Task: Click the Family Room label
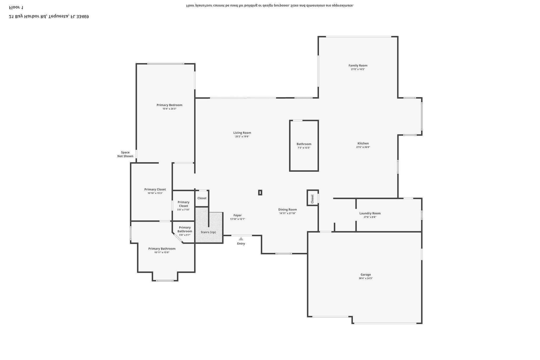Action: [358, 65]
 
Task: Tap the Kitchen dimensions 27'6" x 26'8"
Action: [363, 147]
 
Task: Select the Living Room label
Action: [242, 133]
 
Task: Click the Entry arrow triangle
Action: [241, 239]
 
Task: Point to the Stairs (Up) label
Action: [208, 232]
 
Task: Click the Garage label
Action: [365, 275]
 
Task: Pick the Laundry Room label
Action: [370, 213]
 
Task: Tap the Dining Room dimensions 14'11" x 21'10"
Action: [287, 213]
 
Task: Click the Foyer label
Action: [237, 215]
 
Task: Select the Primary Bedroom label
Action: [169, 105]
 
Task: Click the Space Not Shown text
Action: [125, 154]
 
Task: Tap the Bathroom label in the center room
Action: [304, 144]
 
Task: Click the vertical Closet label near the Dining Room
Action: [312, 199]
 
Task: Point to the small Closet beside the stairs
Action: [202, 198]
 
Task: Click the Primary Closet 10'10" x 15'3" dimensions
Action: [155, 193]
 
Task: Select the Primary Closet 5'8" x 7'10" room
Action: [183, 206]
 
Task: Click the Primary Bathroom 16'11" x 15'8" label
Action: [162, 249]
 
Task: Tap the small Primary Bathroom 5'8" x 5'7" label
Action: [185, 229]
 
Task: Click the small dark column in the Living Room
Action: [260, 193]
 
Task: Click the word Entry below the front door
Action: [241, 243]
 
